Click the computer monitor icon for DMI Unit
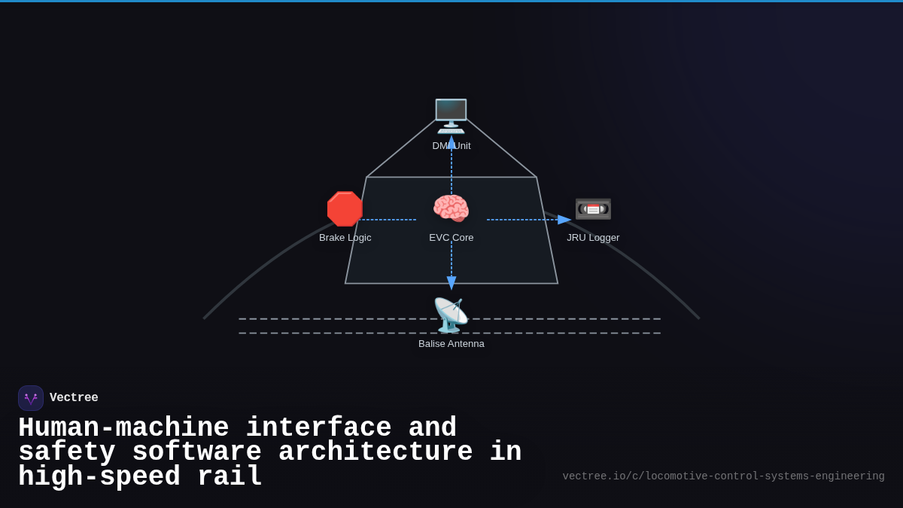(x=451, y=116)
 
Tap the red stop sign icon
(x=345, y=209)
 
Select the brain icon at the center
(x=451, y=208)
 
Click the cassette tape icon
(x=593, y=208)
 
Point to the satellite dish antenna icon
(x=450, y=315)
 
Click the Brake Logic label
(x=345, y=238)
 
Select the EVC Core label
(x=451, y=238)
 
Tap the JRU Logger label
(x=593, y=238)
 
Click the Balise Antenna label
(x=451, y=344)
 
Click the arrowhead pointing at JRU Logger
(x=564, y=220)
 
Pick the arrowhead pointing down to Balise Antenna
(x=451, y=283)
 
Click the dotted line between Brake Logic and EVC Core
(x=388, y=220)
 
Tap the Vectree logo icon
(x=31, y=398)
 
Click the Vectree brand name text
(x=74, y=398)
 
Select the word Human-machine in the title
(x=123, y=428)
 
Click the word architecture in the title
(x=375, y=452)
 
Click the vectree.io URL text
(x=723, y=476)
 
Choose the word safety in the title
(x=67, y=452)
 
